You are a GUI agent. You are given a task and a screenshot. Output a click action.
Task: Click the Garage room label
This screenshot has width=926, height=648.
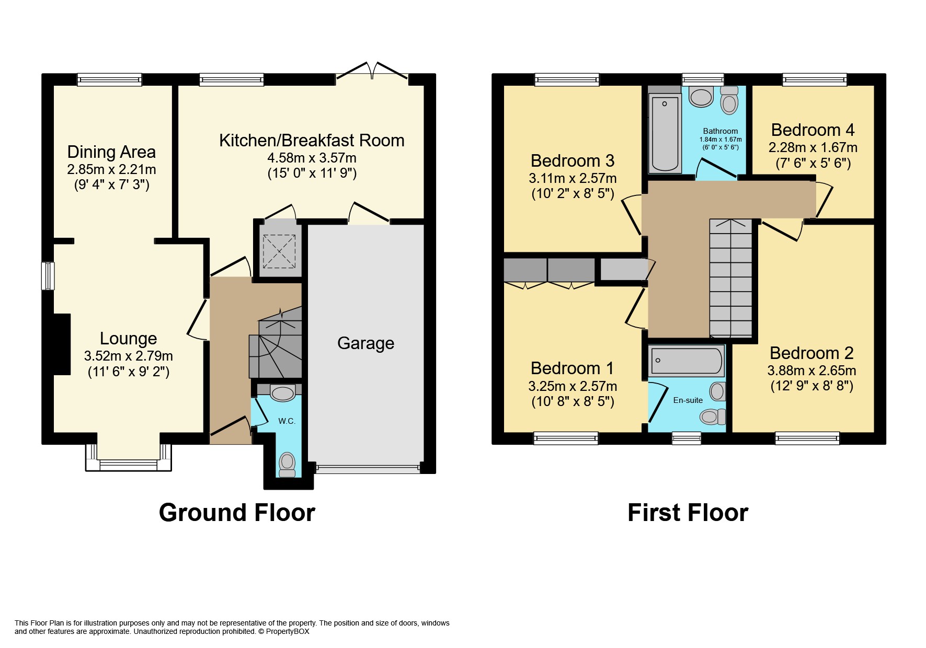pyautogui.click(x=365, y=343)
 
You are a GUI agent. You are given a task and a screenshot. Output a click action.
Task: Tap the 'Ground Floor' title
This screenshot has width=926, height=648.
pyautogui.click(x=237, y=513)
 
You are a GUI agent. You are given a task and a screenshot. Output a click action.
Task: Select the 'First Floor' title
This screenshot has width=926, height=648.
pyautogui.click(x=688, y=513)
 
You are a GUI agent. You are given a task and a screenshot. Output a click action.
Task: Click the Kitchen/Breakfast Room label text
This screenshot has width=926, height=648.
pyautogui.click(x=312, y=141)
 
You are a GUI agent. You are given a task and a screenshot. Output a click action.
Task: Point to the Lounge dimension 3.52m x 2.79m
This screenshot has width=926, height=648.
pyautogui.click(x=128, y=356)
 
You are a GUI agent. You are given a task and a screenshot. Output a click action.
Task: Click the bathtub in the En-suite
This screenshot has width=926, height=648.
pyautogui.click(x=687, y=360)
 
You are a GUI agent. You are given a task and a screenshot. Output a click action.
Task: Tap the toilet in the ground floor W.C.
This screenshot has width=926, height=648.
pyautogui.click(x=287, y=464)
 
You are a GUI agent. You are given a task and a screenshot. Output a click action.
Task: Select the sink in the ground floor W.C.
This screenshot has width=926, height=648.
pyautogui.click(x=283, y=392)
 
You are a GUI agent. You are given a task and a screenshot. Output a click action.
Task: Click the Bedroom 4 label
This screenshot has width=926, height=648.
pyautogui.click(x=813, y=130)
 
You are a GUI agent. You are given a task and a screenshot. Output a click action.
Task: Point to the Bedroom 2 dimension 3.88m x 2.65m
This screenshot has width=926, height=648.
pyautogui.click(x=811, y=371)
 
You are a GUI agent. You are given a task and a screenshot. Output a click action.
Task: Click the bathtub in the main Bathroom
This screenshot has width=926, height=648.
pyautogui.click(x=665, y=133)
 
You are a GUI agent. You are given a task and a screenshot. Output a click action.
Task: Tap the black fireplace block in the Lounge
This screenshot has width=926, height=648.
pyautogui.click(x=62, y=344)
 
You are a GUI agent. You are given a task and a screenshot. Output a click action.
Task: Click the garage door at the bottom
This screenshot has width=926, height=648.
pyautogui.click(x=369, y=468)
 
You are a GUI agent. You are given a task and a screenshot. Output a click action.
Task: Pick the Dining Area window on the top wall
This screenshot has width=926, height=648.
pyautogui.click(x=109, y=79)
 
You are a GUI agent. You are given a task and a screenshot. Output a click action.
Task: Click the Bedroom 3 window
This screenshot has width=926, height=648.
pyautogui.click(x=567, y=79)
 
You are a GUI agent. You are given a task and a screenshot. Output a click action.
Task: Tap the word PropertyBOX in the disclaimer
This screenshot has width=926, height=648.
pyautogui.click(x=288, y=631)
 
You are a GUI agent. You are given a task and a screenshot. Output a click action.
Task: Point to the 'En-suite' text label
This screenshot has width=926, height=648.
pyautogui.click(x=688, y=400)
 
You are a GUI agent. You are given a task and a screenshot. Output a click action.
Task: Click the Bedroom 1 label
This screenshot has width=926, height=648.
pyautogui.click(x=572, y=368)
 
